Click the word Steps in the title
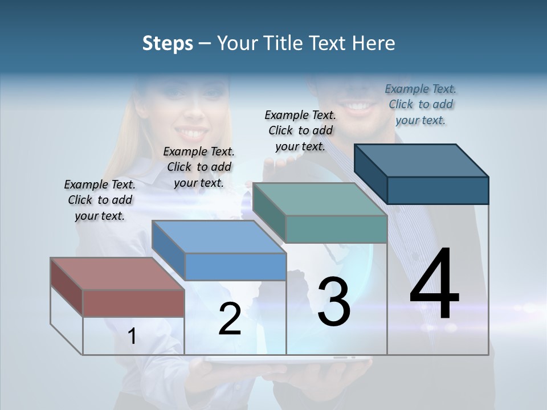coord(168,43)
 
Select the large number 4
coord(434,285)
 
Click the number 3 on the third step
coord(334,302)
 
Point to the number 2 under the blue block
coord(230,319)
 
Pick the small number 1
coord(132,337)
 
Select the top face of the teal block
coord(320,199)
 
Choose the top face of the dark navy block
coord(422,160)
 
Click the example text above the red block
coord(100,200)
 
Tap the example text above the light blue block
coord(199,167)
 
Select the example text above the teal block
coord(300,130)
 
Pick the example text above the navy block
coord(421,104)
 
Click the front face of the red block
coord(133,303)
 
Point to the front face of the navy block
coord(438,190)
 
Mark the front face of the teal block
coord(336,229)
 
